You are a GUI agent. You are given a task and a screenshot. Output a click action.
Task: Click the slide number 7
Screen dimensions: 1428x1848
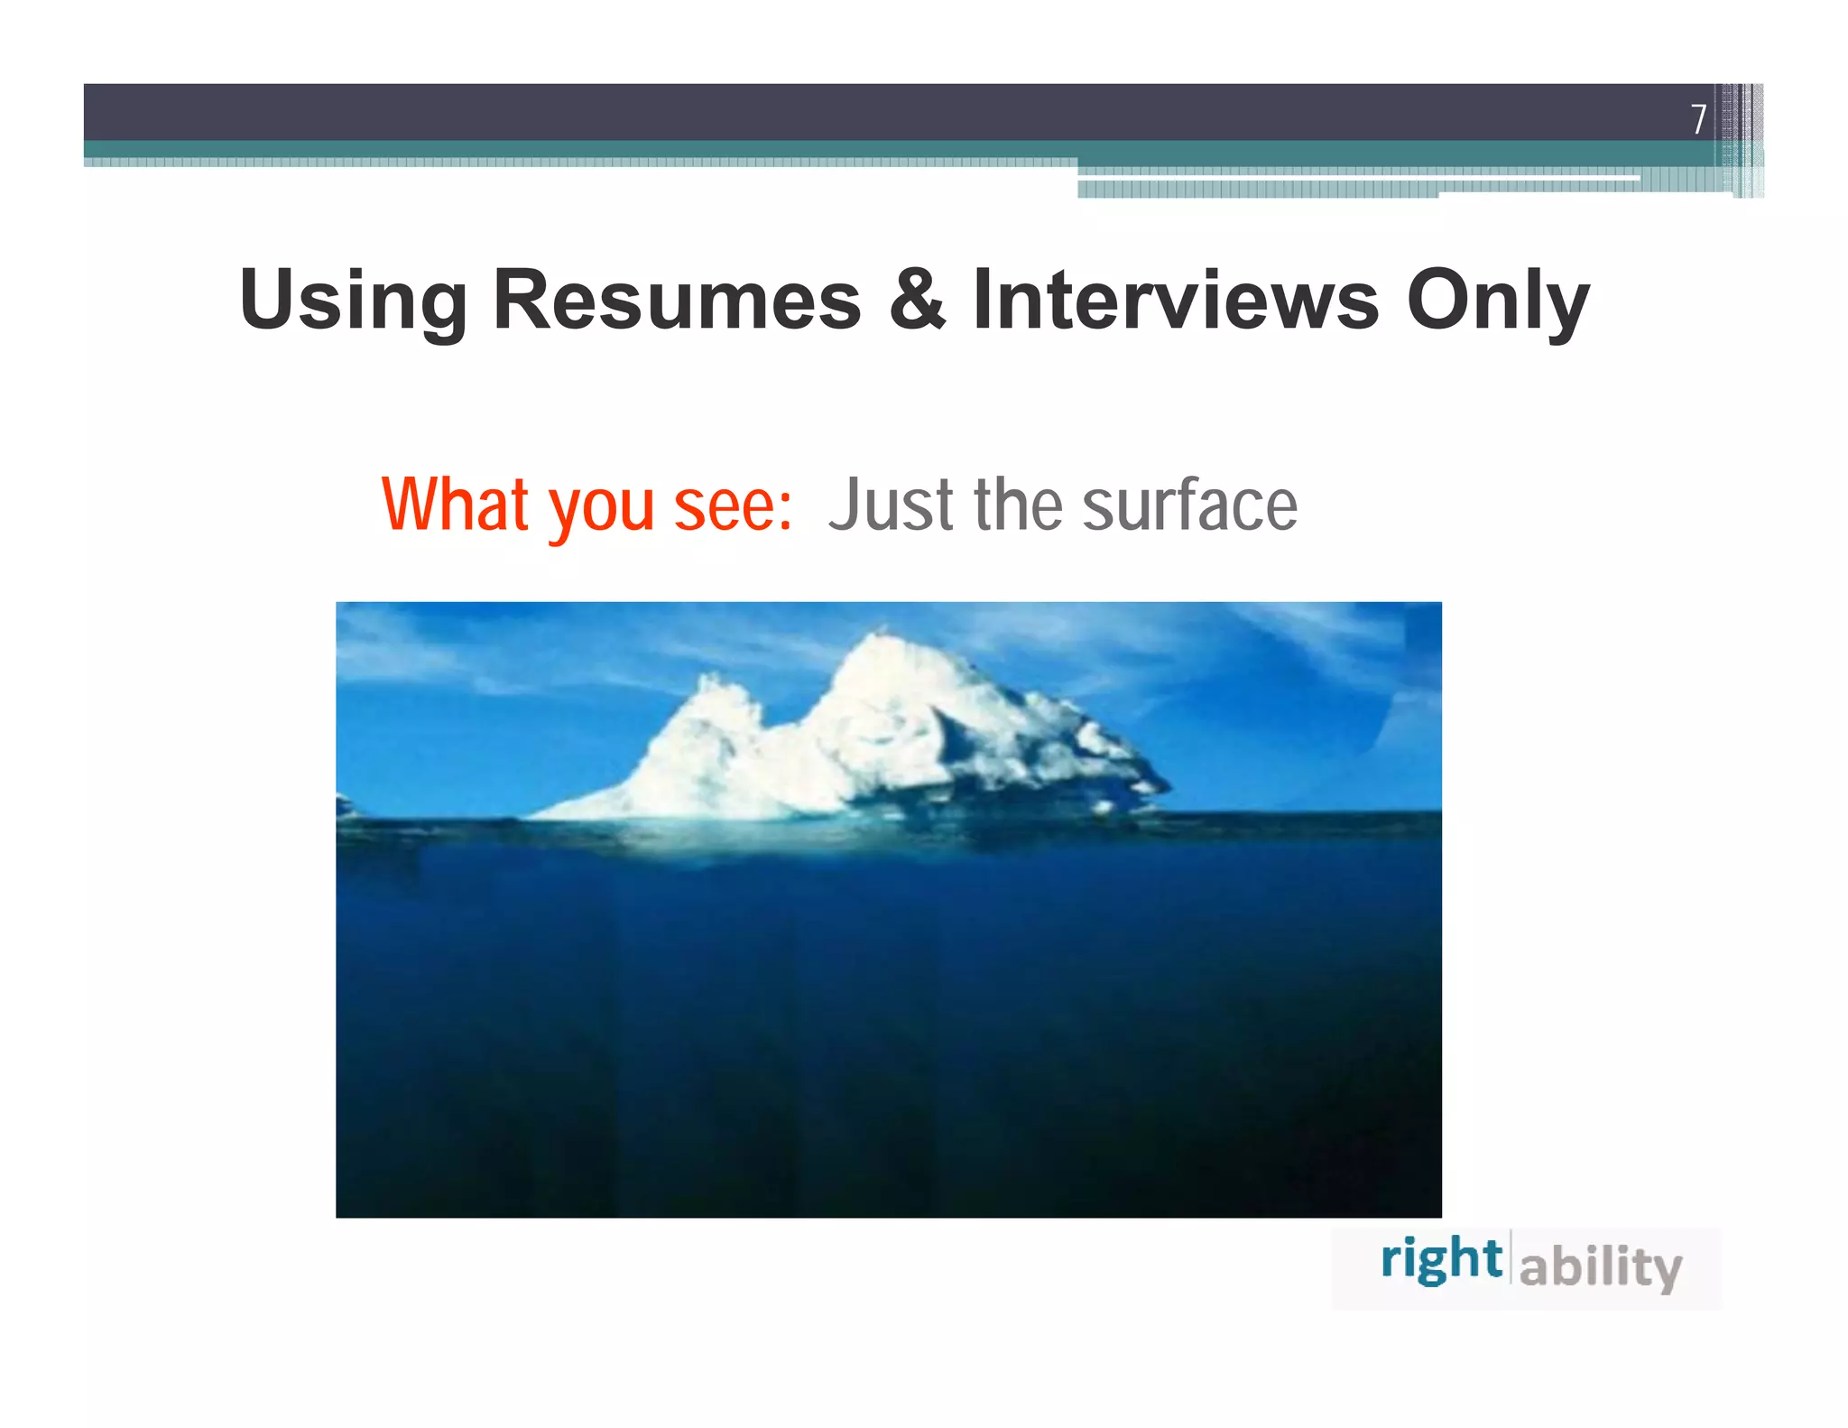point(1698,118)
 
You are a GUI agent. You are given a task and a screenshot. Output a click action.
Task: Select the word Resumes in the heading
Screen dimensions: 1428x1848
point(677,300)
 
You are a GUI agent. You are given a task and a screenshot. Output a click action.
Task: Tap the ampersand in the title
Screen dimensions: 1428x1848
point(917,300)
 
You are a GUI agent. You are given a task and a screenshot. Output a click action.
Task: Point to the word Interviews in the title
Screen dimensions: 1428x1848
point(1176,300)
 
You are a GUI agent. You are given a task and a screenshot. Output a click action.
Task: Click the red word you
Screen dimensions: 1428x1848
point(602,510)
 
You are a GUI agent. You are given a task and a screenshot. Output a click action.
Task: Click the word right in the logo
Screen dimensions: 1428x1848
point(1441,1260)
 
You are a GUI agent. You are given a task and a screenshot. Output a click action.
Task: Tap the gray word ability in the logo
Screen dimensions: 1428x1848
point(1600,1266)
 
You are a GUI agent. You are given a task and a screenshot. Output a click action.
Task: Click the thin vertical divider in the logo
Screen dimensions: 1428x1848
point(1511,1256)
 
